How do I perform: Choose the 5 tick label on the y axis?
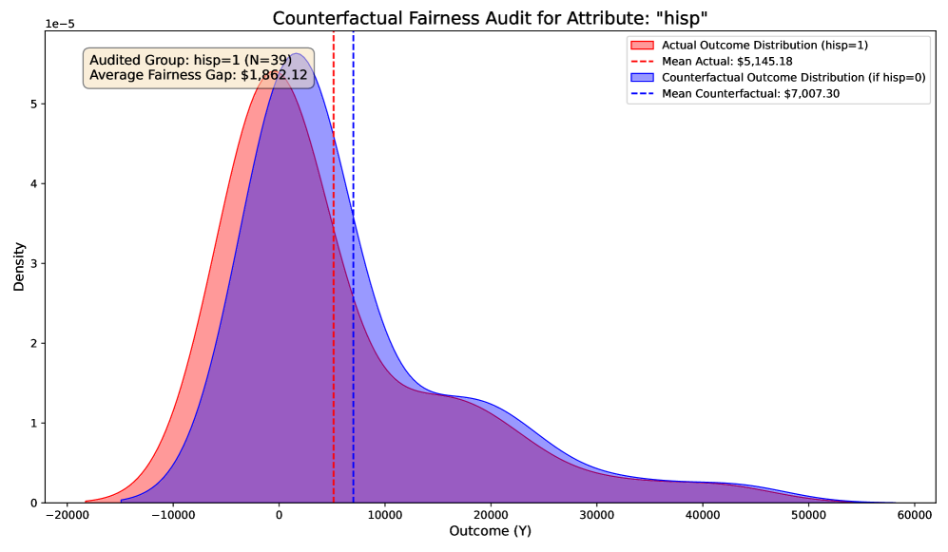coord(32,104)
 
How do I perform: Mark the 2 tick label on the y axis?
coord(32,343)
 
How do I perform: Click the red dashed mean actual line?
coord(334,285)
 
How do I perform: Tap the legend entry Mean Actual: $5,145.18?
coord(726,61)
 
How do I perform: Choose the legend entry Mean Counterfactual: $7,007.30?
coord(750,93)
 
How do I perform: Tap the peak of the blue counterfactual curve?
coord(297,53)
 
